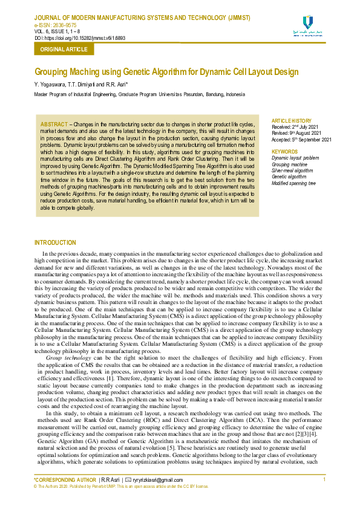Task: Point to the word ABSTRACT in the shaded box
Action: tap(53, 124)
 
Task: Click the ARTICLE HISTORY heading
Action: tap(292, 121)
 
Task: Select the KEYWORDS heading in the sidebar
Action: tap(284, 152)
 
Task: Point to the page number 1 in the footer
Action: tap(325, 479)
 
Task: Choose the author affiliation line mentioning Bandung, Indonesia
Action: tap(139, 94)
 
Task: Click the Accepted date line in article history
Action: tap(301, 140)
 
